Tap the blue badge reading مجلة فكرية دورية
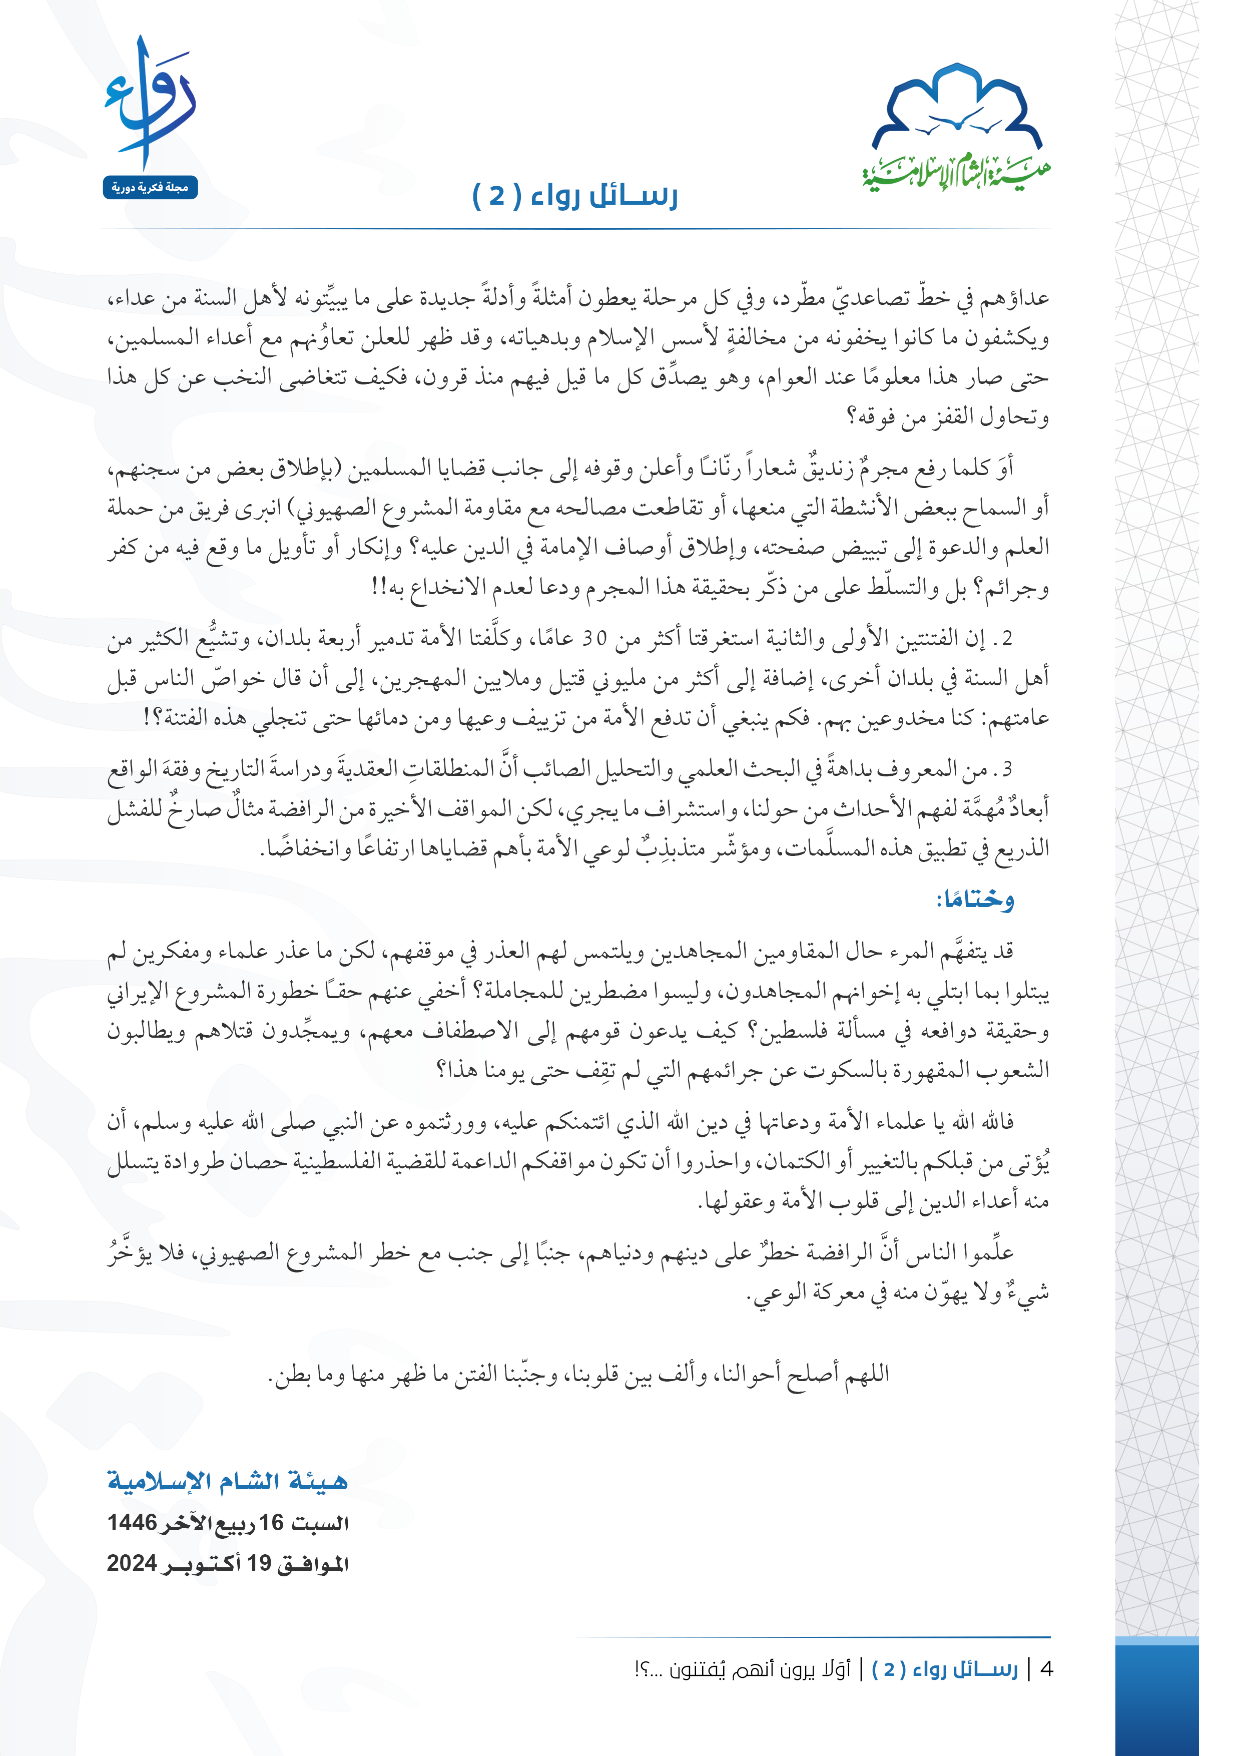(151, 187)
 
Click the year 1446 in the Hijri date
(132, 1522)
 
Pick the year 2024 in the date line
(132, 1562)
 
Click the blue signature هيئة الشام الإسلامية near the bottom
(227, 1481)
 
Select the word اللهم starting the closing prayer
(866, 1374)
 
